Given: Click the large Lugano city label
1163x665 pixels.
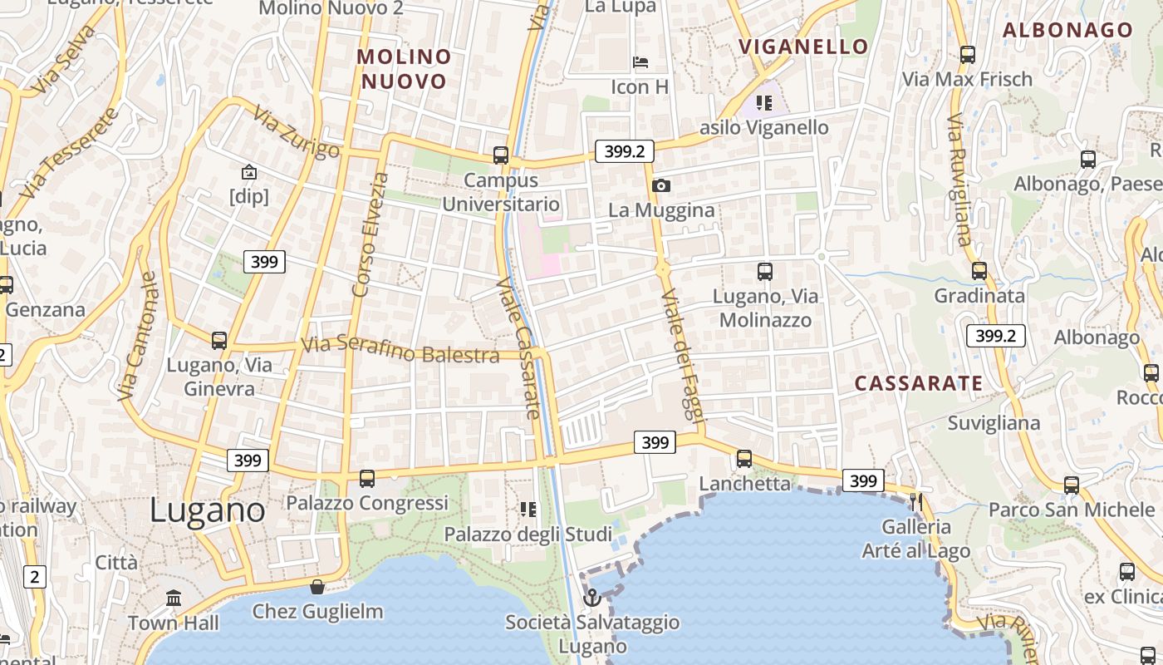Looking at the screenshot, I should [x=208, y=510].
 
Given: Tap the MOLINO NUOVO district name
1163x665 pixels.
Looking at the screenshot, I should [x=405, y=69].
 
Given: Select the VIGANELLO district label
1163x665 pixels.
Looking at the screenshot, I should [x=803, y=46].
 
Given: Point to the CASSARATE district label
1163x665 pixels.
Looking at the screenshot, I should [x=919, y=383].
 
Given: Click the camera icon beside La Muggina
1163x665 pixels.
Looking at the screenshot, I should [x=661, y=185].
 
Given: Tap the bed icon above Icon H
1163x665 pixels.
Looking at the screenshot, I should [x=640, y=62].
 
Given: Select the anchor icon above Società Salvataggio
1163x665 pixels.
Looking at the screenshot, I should [x=591, y=597].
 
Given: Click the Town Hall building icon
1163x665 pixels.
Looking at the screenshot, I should [x=174, y=598].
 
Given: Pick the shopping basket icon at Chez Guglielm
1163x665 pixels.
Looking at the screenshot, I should [x=317, y=587].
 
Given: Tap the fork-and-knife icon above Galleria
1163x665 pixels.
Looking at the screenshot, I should [x=916, y=501].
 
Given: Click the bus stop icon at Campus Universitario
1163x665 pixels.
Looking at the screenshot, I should [x=500, y=155].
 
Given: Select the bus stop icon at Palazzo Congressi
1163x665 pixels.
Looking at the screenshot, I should [x=367, y=478].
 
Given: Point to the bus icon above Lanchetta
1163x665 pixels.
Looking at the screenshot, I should [x=744, y=458].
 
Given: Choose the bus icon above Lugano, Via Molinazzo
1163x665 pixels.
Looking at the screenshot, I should [x=765, y=271].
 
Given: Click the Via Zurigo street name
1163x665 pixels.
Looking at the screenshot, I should [x=297, y=131].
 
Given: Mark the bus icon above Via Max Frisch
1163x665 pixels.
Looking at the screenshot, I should [x=967, y=55].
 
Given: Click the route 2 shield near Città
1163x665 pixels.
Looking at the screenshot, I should [x=35, y=576].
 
